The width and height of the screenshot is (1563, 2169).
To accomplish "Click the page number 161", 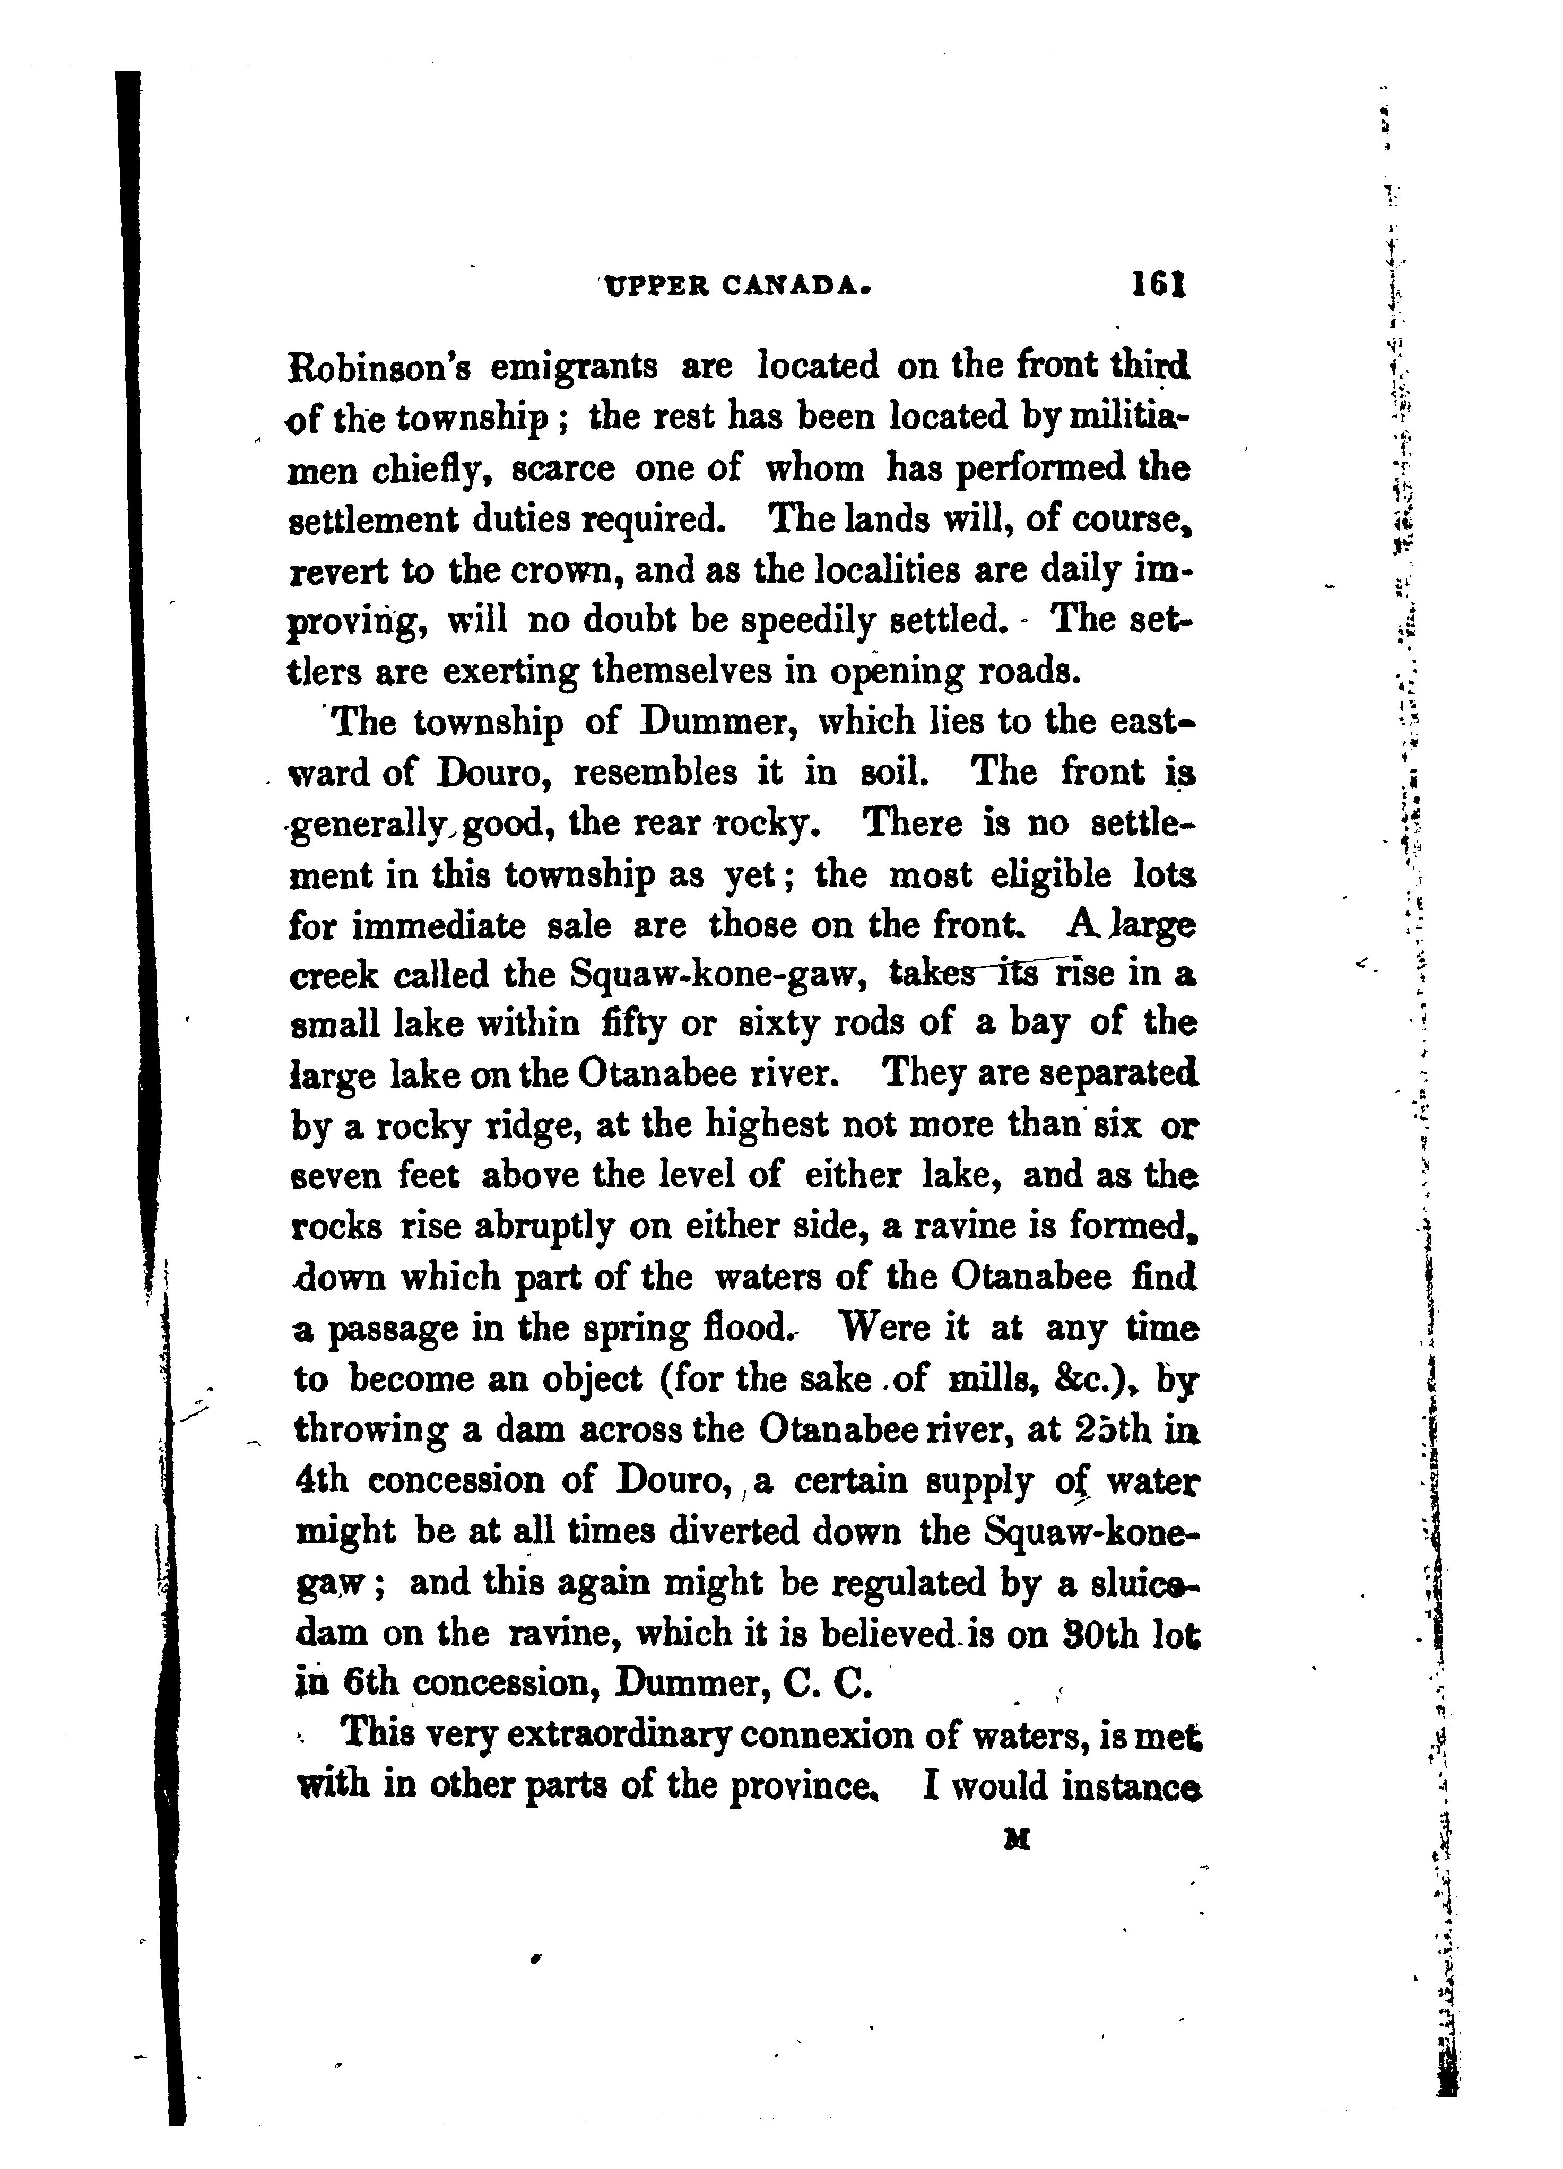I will point(1158,285).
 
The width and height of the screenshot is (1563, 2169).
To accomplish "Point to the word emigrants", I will point(574,366).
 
